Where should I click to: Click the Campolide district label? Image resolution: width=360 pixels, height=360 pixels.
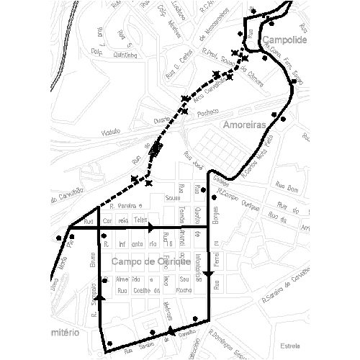click(285, 40)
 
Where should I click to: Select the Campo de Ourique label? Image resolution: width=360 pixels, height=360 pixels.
click(150, 262)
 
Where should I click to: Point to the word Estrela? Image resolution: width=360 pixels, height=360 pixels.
click(291, 344)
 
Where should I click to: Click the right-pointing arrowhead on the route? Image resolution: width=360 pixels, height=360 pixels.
click(151, 228)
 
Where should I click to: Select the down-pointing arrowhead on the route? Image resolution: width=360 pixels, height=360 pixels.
click(209, 273)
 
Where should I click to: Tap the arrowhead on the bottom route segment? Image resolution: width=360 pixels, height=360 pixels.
click(170, 330)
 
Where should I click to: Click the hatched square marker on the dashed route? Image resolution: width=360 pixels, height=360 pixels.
click(156, 150)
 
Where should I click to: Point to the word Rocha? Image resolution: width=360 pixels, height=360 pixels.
click(184, 291)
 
